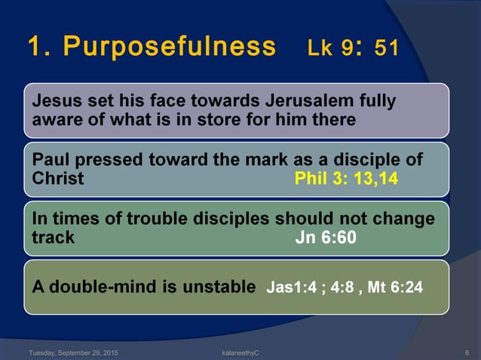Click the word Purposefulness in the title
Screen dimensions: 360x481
(170, 47)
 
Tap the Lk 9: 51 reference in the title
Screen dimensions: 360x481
(353, 47)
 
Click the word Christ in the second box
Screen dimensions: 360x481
(59, 179)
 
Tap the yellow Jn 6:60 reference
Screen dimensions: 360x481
(325, 238)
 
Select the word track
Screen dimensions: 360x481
(54, 238)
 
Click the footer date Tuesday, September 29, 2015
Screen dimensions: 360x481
(72, 352)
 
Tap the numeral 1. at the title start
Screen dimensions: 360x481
(38, 47)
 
